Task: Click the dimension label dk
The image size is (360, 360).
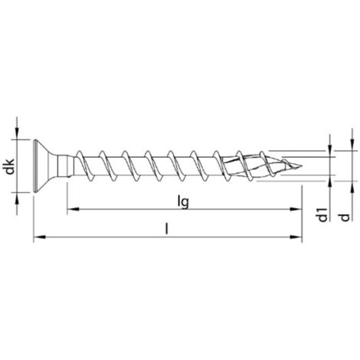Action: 10,166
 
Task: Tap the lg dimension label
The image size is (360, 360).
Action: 183,202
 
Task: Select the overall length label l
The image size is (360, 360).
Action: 167,228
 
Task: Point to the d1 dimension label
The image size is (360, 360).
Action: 322,214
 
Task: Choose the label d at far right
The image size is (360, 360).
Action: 345,218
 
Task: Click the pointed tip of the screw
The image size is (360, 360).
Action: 302,166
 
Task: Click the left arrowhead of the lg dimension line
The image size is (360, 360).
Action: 73,209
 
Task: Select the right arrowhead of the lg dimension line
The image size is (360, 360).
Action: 296,209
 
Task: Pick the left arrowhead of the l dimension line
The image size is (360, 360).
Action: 40,237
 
